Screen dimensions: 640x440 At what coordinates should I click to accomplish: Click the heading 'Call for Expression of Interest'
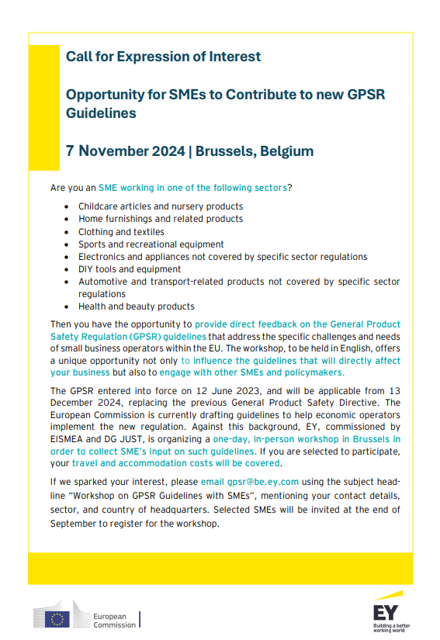[163, 57]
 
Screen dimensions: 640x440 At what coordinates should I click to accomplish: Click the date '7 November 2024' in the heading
[124, 150]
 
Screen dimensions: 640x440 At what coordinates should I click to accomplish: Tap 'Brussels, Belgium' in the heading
[255, 150]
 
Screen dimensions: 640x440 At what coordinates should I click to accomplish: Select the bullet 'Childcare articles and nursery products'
[161, 206]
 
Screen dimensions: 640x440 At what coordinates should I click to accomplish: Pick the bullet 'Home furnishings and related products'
[160, 219]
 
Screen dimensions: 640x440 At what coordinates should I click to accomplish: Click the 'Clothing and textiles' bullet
[121, 231]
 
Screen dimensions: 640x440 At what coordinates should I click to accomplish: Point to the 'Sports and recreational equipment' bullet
[150, 244]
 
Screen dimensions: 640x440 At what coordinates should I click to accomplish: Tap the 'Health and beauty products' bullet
[136, 306]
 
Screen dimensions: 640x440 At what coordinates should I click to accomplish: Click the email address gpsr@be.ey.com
[262, 481]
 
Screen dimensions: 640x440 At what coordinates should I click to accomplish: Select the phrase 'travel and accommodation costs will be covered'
[175, 463]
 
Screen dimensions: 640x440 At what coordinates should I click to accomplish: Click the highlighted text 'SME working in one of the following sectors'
[193, 188]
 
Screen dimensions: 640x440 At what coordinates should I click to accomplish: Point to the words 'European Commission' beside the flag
[113, 620]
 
